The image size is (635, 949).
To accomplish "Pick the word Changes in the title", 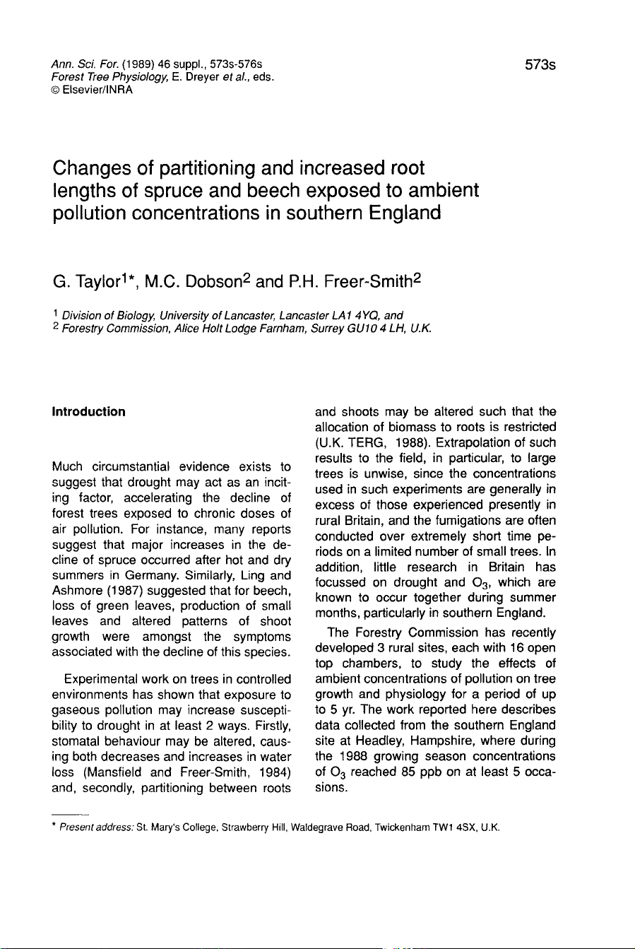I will tap(98, 170).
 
